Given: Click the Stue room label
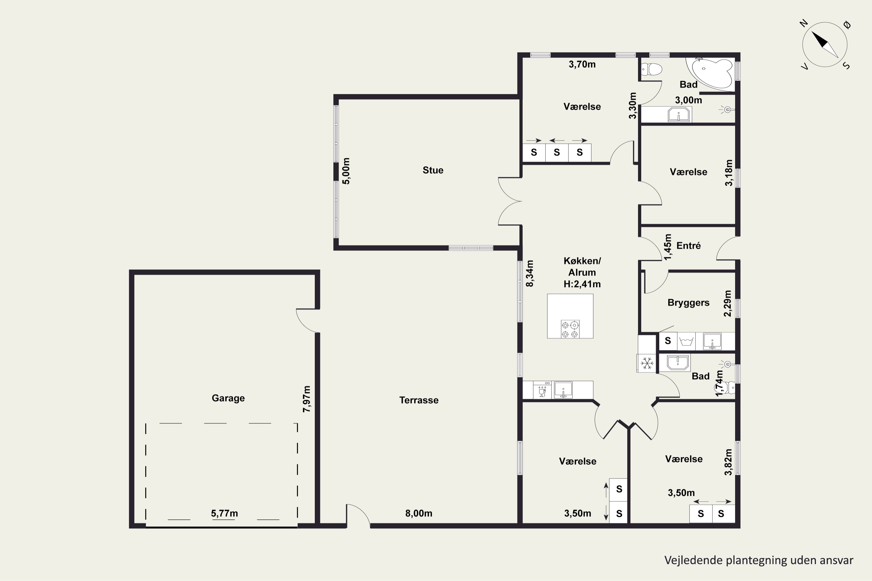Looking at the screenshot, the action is (433, 170).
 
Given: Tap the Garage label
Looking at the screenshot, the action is (228, 398).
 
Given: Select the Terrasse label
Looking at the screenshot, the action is (419, 400).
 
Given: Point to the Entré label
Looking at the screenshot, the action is (689, 246).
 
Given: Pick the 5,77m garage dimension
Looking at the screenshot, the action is (224, 513).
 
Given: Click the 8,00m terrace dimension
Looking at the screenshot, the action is (419, 513).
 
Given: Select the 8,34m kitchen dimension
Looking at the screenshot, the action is (530, 273).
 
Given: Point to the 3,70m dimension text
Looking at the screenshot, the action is (582, 64).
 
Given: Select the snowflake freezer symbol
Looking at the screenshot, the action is (647, 363).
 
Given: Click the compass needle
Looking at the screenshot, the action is (825, 44).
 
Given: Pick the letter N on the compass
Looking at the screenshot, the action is (803, 23).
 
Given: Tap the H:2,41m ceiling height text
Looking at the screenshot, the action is (582, 284).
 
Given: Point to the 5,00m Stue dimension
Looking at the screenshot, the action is (346, 171).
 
